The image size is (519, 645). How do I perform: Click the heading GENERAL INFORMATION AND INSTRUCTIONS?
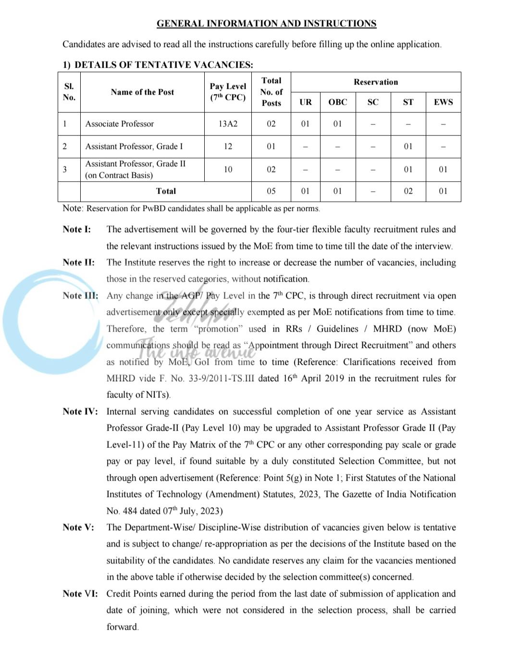pyautogui.click(x=266, y=24)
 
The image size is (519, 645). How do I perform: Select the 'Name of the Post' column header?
pyautogui.click(x=142, y=92)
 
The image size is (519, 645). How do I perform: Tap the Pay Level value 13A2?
pyautogui.click(x=228, y=124)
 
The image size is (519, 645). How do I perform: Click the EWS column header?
pyautogui.click(x=443, y=102)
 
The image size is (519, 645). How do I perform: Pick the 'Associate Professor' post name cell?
pyautogui.click(x=120, y=124)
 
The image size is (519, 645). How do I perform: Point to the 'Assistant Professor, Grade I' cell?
pyautogui.click(x=134, y=147)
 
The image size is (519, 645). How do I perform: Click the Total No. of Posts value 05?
pyautogui.click(x=271, y=191)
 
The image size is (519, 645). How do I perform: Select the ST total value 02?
pyautogui.click(x=408, y=191)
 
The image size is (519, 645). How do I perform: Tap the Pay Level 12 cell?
pyautogui.click(x=228, y=147)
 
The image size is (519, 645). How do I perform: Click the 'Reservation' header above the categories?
pyautogui.click(x=376, y=82)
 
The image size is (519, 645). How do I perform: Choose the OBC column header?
pyautogui.click(x=337, y=102)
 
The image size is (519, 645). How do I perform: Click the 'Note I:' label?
pyautogui.click(x=76, y=230)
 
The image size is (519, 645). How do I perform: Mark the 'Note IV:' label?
pyautogui.click(x=80, y=412)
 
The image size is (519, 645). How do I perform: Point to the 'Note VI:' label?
pyautogui.click(x=80, y=594)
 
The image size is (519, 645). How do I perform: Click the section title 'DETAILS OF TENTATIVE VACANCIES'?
pyautogui.click(x=163, y=64)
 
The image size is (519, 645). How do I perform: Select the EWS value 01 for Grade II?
pyautogui.click(x=443, y=170)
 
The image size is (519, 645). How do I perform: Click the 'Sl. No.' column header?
pyautogui.click(x=69, y=92)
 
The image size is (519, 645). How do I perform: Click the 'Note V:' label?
pyautogui.click(x=78, y=528)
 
